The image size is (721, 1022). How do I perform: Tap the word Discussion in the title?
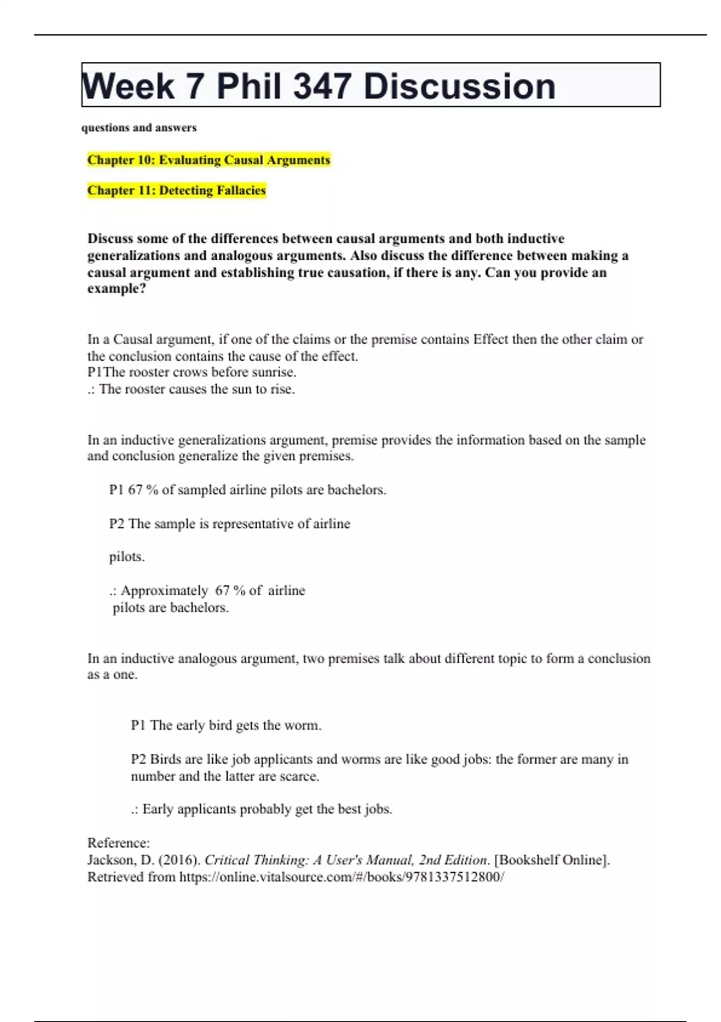[459, 86]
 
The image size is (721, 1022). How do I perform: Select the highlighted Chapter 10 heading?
[208, 160]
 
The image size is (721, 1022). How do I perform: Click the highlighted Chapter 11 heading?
[176, 191]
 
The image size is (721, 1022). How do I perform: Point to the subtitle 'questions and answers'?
[139, 127]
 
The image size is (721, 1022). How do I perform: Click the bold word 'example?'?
[117, 289]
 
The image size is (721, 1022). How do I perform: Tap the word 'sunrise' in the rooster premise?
[273, 372]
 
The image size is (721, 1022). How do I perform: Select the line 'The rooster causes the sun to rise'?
[197, 389]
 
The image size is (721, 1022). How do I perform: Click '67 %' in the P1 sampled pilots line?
[143, 490]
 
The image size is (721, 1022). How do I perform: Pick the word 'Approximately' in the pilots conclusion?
[164, 590]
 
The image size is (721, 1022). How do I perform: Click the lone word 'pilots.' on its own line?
[127, 557]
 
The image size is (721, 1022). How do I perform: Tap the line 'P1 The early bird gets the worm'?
[226, 725]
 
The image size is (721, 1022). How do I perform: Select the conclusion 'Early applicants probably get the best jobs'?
[267, 809]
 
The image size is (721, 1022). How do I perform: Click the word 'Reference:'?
[118, 843]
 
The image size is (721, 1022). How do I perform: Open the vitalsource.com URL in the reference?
[341, 877]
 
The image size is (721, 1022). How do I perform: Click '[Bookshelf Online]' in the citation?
[552, 860]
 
